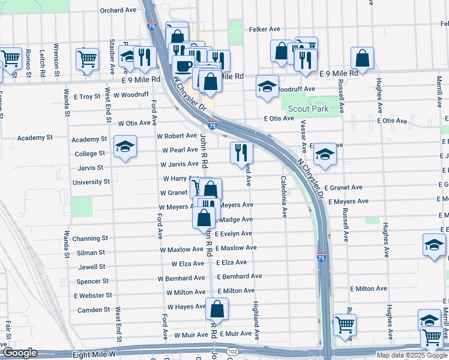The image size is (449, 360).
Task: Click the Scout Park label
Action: (308, 109)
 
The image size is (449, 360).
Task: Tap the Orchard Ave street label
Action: (118, 10)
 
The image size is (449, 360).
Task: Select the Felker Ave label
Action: (265, 29)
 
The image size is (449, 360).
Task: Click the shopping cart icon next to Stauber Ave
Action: (88, 59)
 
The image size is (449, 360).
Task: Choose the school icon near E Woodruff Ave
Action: (267, 86)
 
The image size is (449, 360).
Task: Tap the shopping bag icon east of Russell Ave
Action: (363, 59)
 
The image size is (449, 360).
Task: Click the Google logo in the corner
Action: (20, 353)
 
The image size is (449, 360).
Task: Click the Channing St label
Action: (90, 238)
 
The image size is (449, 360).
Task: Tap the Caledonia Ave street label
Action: (283, 196)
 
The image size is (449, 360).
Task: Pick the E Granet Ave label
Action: (343, 187)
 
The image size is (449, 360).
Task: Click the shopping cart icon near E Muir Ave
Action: (345, 325)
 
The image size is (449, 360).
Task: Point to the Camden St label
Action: (93, 310)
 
